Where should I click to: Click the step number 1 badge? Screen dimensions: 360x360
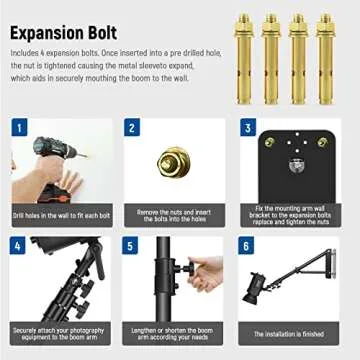point(19,128)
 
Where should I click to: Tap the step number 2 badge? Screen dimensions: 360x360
point(132,128)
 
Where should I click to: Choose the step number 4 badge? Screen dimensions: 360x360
point(19,245)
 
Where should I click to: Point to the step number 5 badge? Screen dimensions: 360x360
point(132,245)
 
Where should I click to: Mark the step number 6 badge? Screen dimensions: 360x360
point(247,245)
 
